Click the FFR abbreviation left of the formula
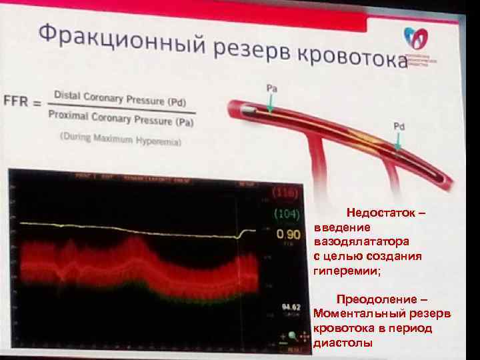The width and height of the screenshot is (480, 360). (x=15, y=103)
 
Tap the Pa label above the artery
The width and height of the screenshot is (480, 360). (x=272, y=88)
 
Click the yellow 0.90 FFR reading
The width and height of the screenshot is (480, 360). (x=288, y=235)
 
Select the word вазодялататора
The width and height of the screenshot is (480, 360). (x=361, y=242)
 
